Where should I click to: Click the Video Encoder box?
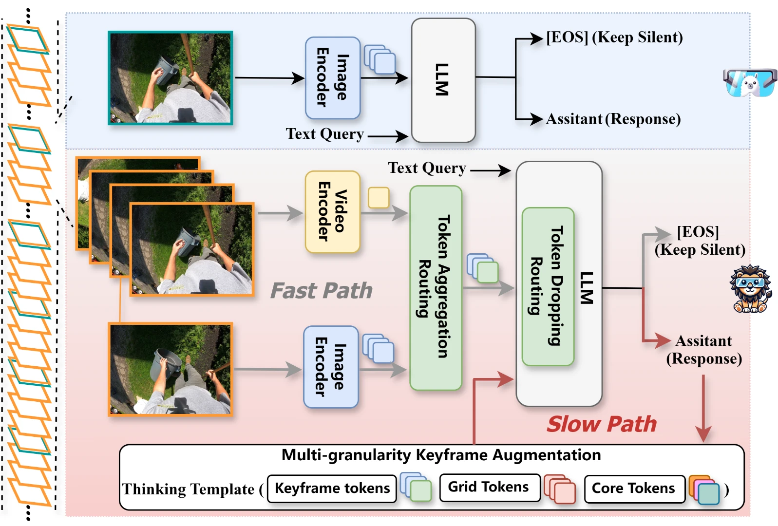332,212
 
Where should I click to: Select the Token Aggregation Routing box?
435,288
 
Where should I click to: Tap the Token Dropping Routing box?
548,286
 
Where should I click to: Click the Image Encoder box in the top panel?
332,78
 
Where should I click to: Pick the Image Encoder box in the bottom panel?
331,367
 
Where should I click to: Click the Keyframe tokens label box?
332,488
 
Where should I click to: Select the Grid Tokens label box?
489,488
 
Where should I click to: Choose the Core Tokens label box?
633,488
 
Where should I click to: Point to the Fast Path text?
322,291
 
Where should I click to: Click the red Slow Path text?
602,424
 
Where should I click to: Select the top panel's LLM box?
442,80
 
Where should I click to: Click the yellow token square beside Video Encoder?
378,198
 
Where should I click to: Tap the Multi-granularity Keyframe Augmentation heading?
441,455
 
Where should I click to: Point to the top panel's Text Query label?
324,134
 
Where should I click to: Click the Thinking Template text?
188,489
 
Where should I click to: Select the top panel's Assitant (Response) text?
612,119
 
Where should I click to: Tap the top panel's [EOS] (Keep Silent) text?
614,38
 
